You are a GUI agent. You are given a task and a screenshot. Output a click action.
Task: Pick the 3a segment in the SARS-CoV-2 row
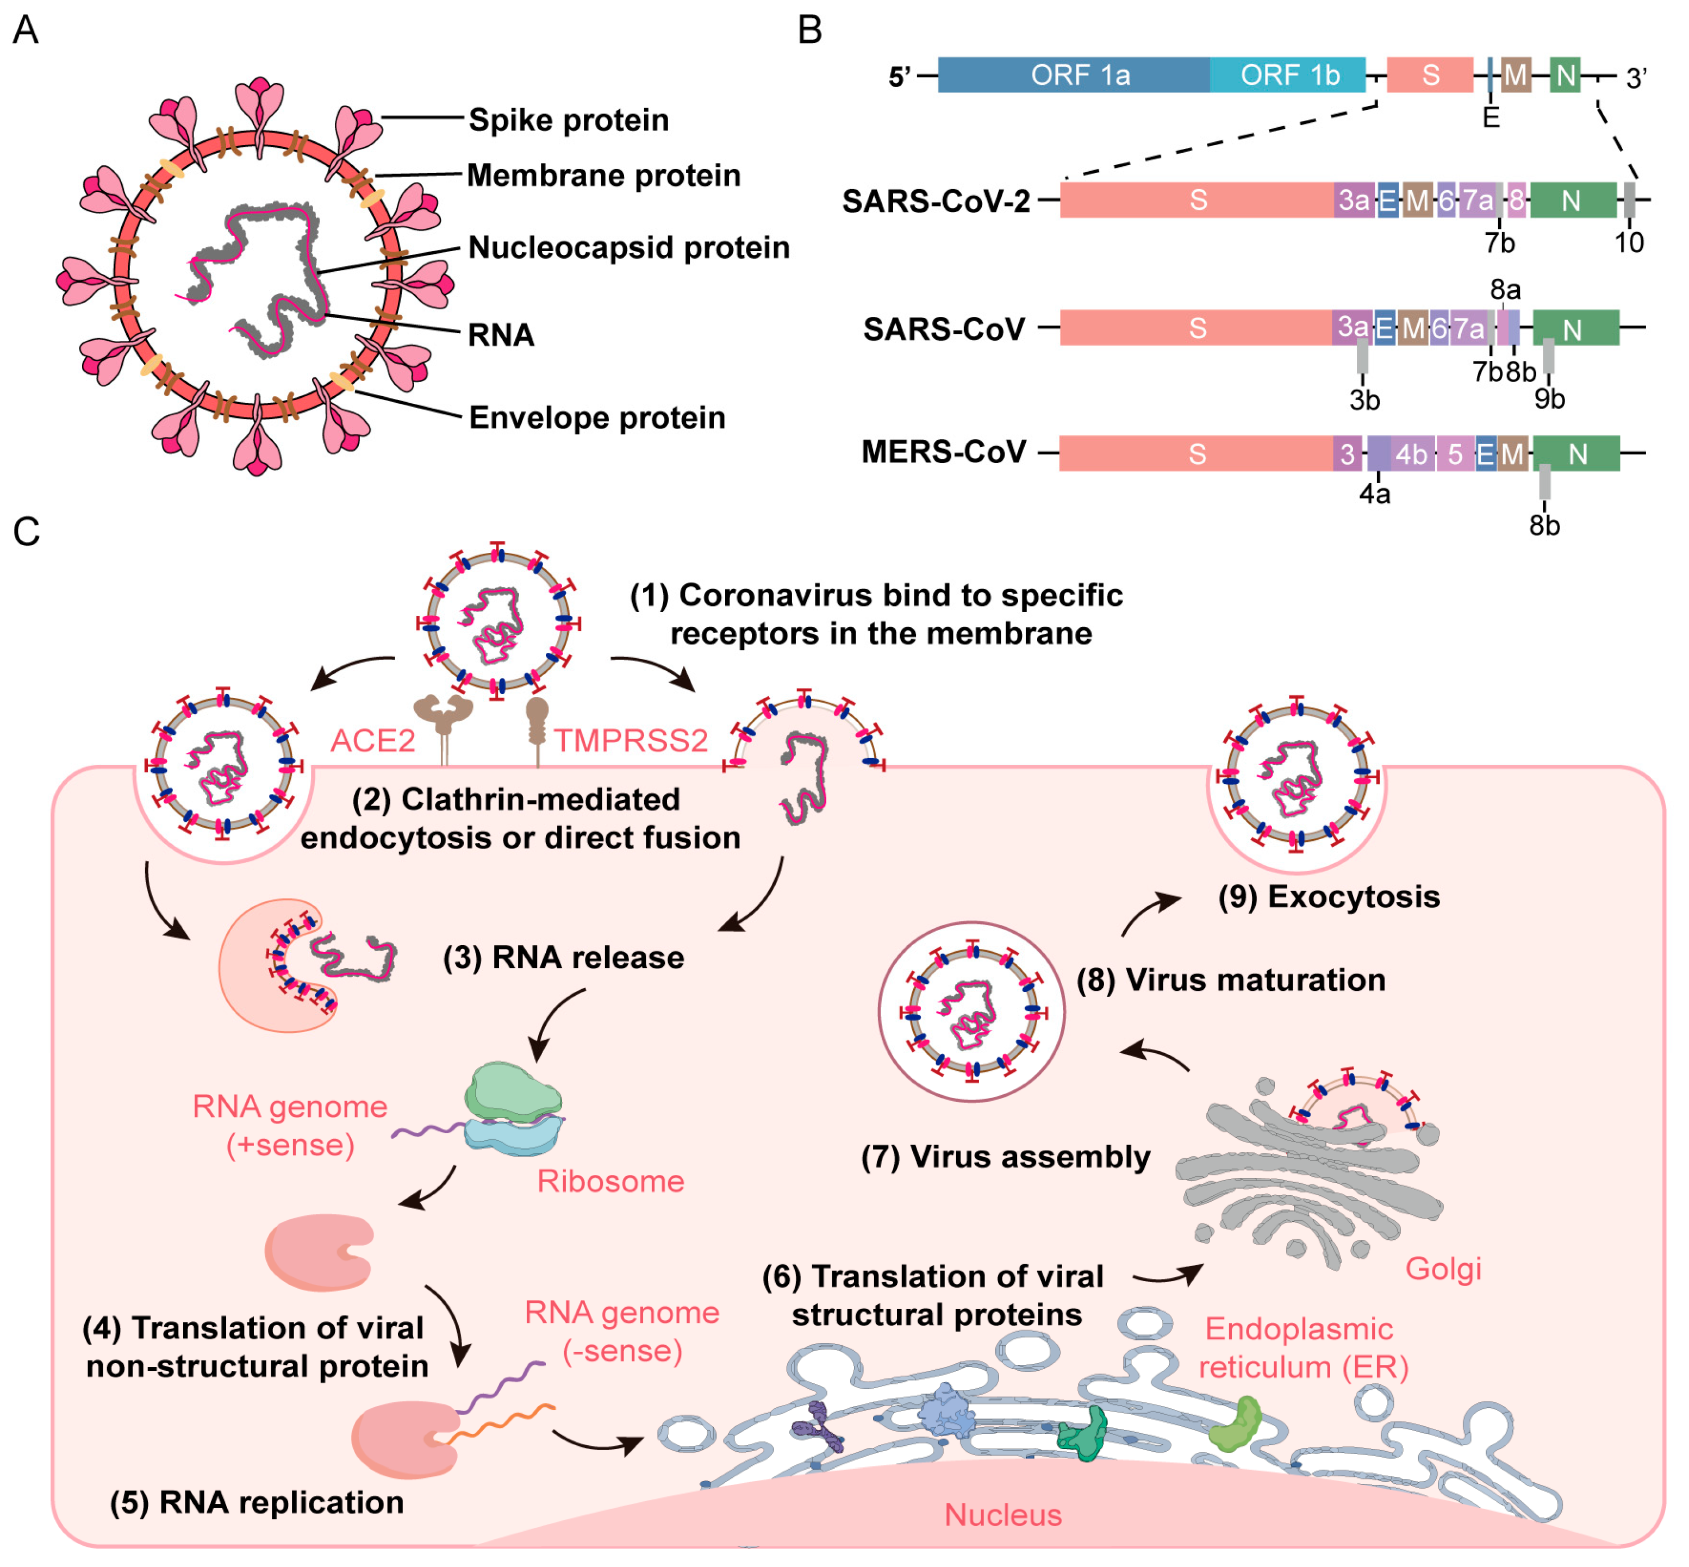pos(1353,200)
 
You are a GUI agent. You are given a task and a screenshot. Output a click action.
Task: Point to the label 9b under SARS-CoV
pos(1549,398)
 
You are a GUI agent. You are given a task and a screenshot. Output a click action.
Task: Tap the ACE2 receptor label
pos(372,740)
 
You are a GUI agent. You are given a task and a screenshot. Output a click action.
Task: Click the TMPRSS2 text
pos(631,740)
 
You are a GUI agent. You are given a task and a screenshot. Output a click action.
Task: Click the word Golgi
pos(1443,1269)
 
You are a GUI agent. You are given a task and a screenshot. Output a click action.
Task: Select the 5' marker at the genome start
pos(899,77)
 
